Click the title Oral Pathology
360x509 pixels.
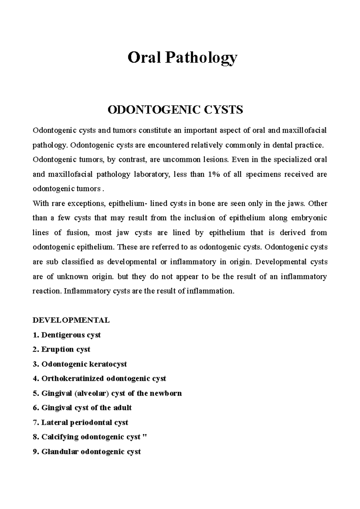(x=182, y=58)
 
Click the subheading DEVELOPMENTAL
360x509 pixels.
(x=71, y=320)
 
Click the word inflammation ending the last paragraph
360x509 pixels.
(x=209, y=291)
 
